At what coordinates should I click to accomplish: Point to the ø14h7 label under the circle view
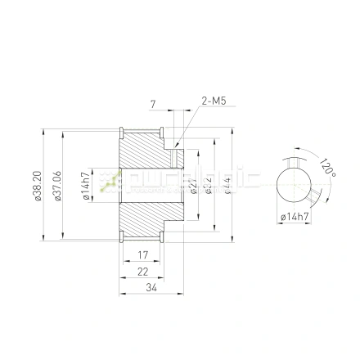[294, 217]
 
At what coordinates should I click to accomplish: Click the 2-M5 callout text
[213, 101]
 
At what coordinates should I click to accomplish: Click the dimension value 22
[142, 272]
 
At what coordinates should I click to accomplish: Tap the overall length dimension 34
[151, 287]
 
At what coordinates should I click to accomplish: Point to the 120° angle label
[328, 168]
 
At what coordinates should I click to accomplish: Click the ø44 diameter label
[227, 184]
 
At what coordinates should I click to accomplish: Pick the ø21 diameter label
[191, 184]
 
